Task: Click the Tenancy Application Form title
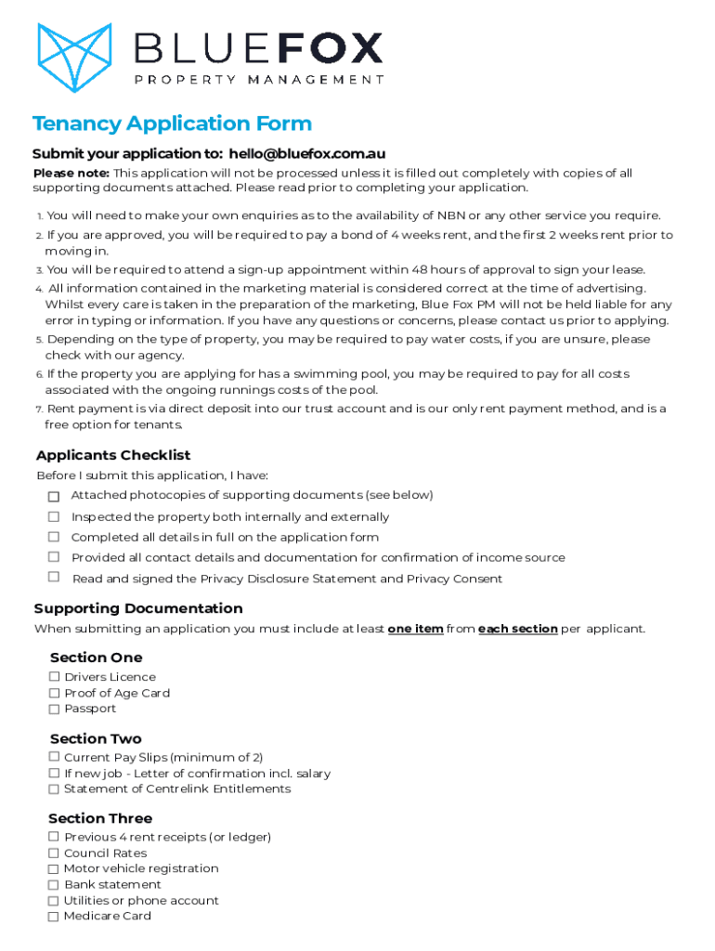click(x=172, y=124)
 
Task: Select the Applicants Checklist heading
click(x=113, y=455)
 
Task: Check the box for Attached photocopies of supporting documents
click(x=54, y=497)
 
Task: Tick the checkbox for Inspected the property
click(x=54, y=516)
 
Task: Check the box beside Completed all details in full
click(x=54, y=537)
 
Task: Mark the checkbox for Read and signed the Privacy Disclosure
click(x=54, y=578)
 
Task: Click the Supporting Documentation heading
click(x=138, y=608)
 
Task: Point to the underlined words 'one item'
click(x=415, y=629)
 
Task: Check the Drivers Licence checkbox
click(x=55, y=677)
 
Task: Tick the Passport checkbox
click(x=55, y=709)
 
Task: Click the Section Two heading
click(x=96, y=738)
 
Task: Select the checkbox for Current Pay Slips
click(x=54, y=757)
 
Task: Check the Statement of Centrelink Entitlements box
click(x=54, y=788)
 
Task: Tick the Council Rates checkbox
click(x=54, y=853)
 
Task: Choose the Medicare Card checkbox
click(x=54, y=916)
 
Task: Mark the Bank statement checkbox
click(x=54, y=884)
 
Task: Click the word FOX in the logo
click(x=333, y=47)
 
